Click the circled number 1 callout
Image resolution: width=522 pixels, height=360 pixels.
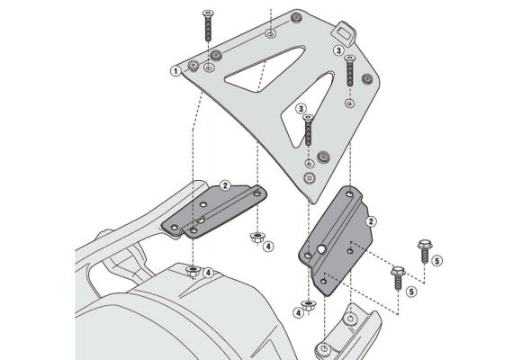(x=175, y=69)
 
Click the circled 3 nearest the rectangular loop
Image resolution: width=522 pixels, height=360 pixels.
(x=338, y=52)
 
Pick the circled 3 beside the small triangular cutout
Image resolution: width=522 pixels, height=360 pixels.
(x=300, y=108)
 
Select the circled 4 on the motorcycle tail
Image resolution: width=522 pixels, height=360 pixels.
(x=208, y=274)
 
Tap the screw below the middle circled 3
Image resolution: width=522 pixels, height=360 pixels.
(x=310, y=130)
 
